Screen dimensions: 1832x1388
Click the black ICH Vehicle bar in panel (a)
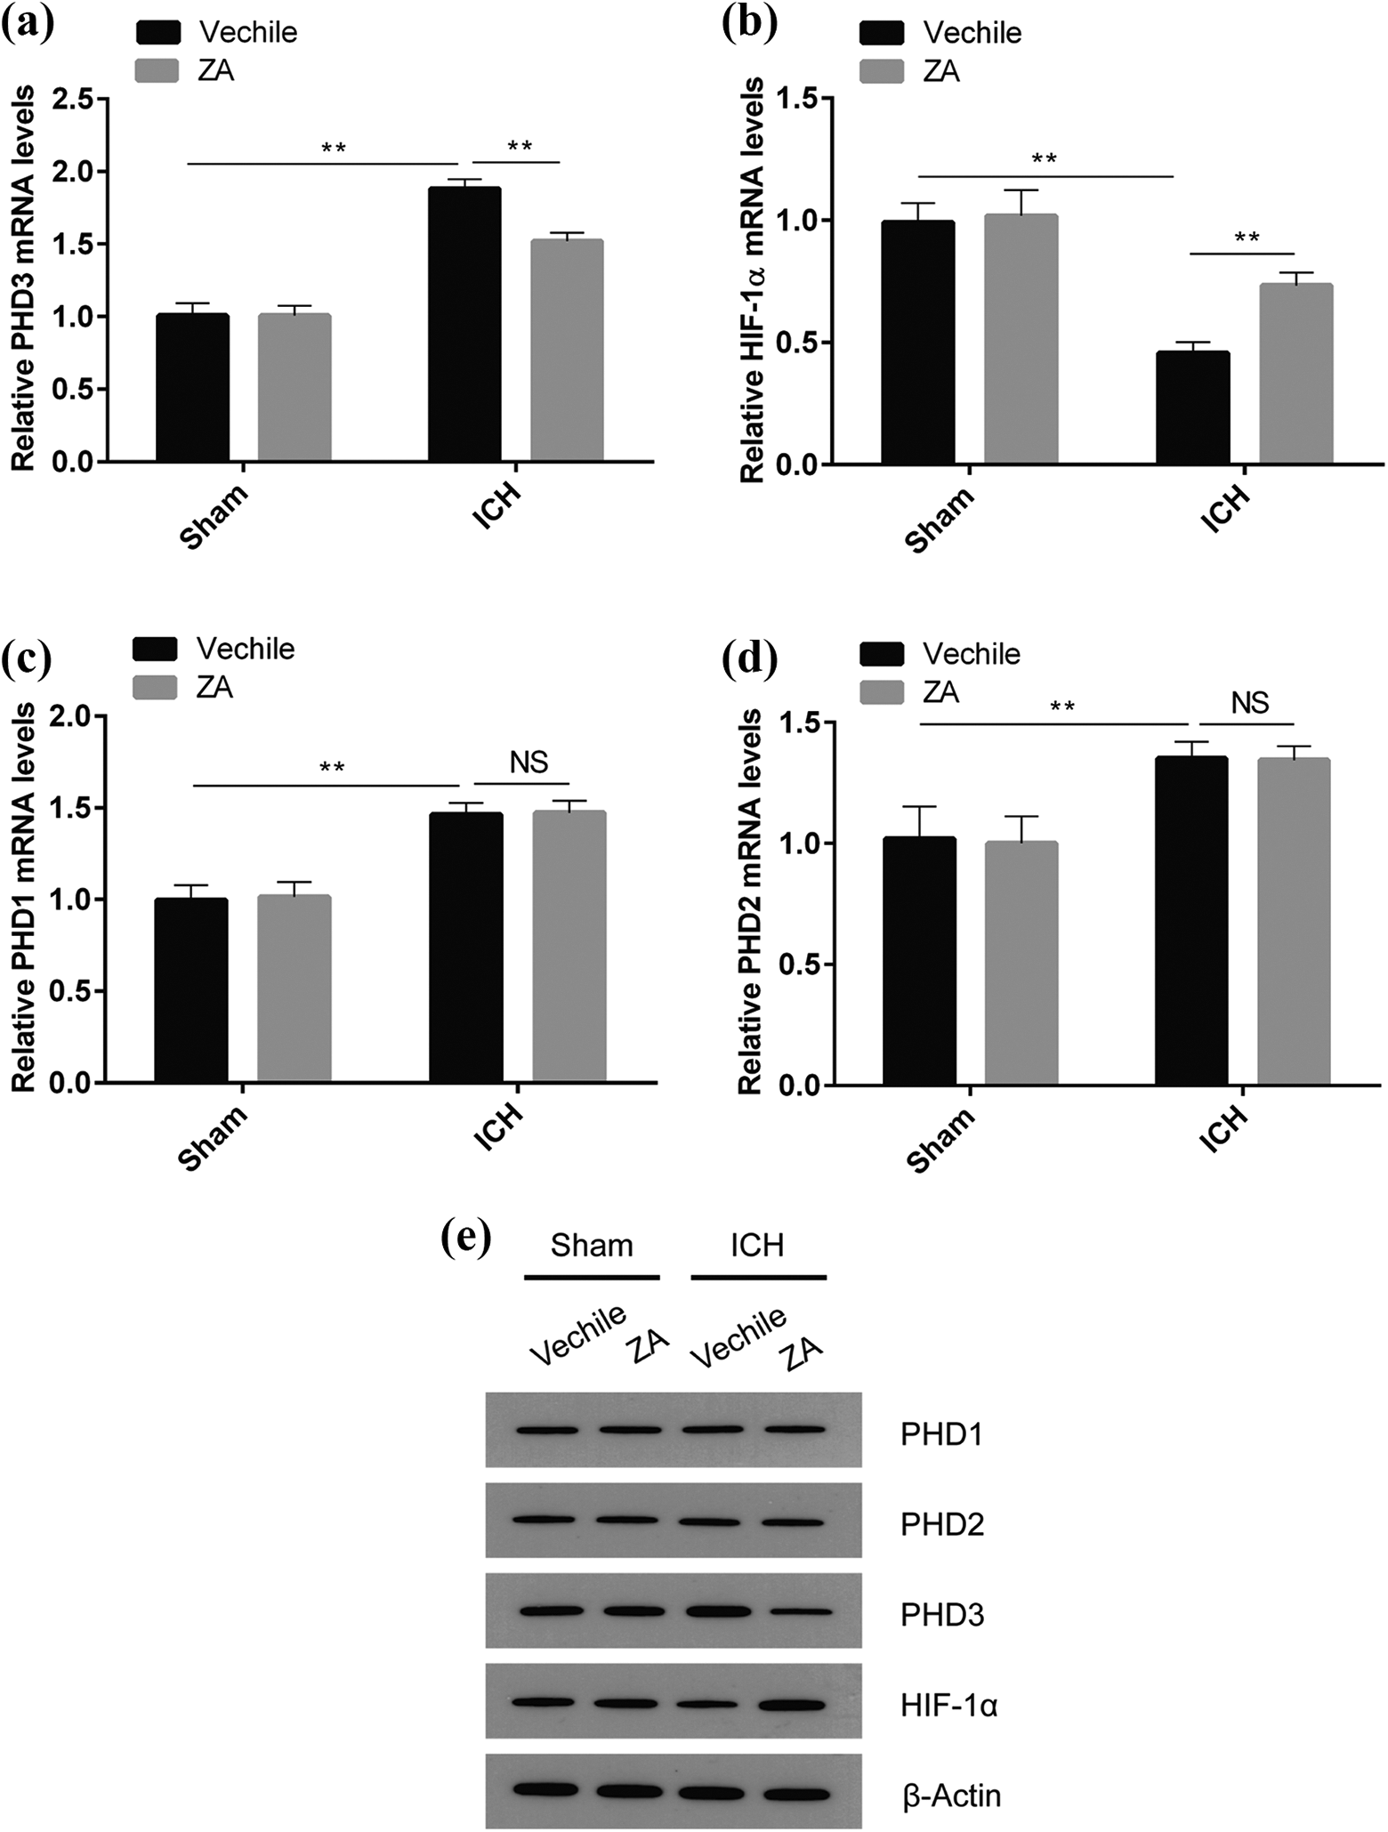(x=464, y=325)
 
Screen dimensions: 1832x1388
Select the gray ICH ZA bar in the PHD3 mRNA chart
(x=567, y=351)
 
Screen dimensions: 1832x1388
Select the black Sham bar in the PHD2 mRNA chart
(x=919, y=961)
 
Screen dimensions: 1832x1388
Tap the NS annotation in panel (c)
(x=529, y=763)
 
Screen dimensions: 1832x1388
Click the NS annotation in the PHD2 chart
(x=1249, y=703)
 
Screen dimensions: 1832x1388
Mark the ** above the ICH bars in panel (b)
(x=1247, y=238)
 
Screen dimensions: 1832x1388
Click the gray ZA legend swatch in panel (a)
(x=157, y=69)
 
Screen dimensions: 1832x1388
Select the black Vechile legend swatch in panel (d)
(x=882, y=654)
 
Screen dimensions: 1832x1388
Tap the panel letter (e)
(x=466, y=1238)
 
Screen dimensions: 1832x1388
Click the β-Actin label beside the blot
(x=951, y=1796)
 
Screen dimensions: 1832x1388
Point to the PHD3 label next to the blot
(x=941, y=1615)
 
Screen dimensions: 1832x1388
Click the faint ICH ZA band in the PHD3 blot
(x=797, y=1612)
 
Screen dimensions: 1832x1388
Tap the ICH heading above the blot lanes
(x=757, y=1245)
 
